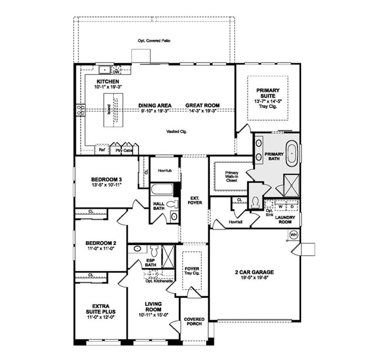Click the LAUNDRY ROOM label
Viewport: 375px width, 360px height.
[x=287, y=219]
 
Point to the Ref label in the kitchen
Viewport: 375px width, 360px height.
[x=101, y=149]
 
